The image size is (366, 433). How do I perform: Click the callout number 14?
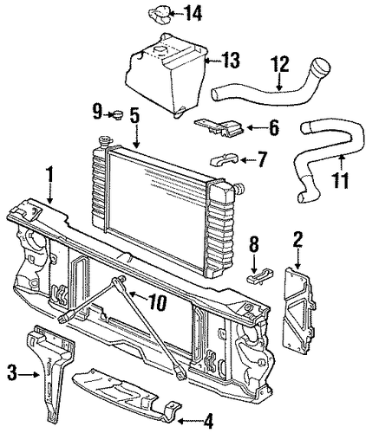(193, 13)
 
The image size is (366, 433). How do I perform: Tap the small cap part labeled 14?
(160, 15)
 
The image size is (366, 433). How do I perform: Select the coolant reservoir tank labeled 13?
(166, 75)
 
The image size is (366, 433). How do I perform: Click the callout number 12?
(279, 65)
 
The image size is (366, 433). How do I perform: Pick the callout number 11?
(340, 180)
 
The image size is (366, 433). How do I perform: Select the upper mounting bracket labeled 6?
(219, 127)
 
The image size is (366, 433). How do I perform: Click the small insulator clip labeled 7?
(224, 159)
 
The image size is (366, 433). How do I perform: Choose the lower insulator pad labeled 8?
(259, 275)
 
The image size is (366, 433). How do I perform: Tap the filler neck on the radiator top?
(103, 142)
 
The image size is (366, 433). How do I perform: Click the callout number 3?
(12, 374)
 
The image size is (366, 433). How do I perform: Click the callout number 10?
(157, 302)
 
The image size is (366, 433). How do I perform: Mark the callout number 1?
(50, 176)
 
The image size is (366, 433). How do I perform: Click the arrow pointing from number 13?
(212, 61)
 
